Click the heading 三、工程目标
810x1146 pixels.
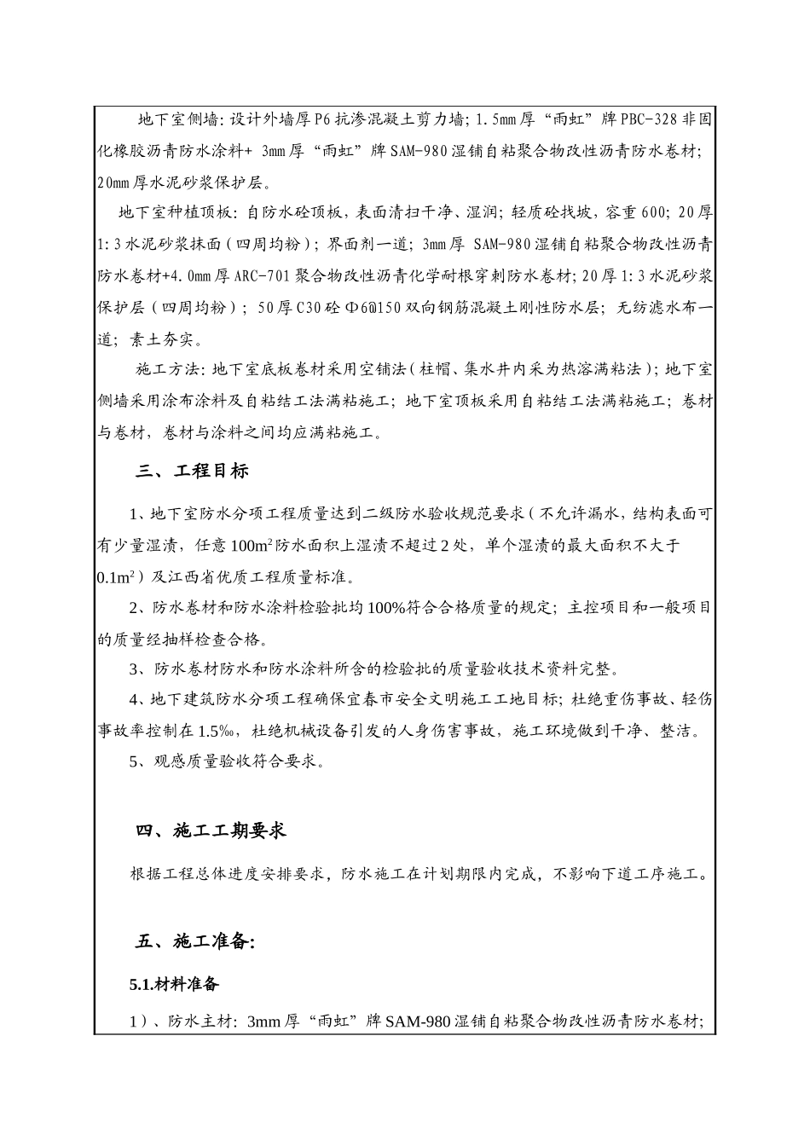tap(192, 471)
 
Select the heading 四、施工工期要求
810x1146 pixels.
tap(211, 831)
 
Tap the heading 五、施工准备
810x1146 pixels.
tap(195, 942)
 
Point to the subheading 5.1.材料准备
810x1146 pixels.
tap(174, 984)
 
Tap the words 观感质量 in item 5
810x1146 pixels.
tap(182, 761)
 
